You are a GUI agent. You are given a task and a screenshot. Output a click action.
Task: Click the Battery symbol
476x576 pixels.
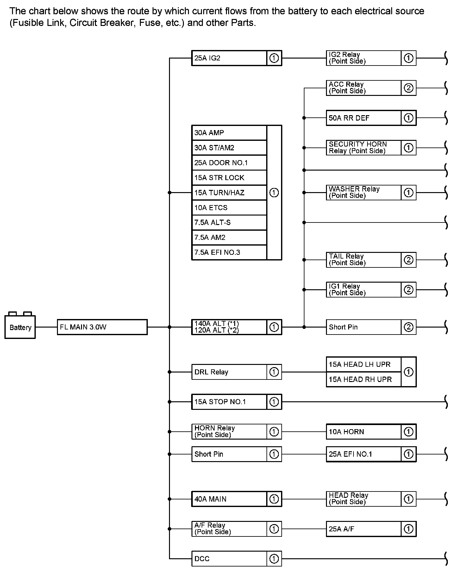coord(20,327)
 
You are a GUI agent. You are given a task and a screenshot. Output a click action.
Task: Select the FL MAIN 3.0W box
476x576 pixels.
coord(102,327)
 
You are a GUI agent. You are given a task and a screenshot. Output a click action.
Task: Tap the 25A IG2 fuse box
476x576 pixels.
coord(229,58)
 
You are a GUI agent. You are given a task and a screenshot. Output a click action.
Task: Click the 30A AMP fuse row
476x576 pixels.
coord(229,133)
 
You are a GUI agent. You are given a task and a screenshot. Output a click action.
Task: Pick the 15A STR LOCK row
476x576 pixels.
coord(229,178)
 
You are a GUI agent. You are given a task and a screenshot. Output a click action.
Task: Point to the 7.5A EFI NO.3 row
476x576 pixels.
coord(229,252)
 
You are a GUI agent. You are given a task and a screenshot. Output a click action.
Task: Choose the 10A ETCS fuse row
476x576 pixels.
coord(229,208)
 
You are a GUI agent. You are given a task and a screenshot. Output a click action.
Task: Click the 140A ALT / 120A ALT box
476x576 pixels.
coord(229,327)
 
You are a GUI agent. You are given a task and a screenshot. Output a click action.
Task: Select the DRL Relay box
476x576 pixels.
coord(229,372)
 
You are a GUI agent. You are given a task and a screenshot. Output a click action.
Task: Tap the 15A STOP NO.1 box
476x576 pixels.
coord(229,402)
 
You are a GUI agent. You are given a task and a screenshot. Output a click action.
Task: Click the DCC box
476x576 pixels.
coord(229,559)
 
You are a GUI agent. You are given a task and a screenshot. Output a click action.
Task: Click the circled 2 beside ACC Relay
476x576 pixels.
coord(409,88)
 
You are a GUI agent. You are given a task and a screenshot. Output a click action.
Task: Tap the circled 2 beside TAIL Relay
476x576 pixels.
coord(409,260)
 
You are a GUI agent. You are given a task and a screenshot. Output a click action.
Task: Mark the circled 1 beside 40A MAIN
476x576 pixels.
coord(274,499)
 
